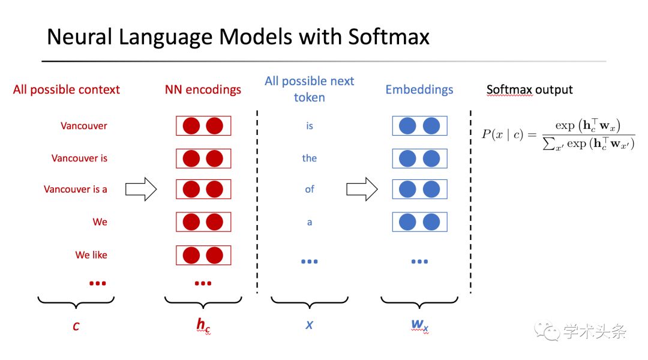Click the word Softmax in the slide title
[388, 37]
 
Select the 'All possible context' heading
[67, 89]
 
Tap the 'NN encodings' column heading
[203, 89]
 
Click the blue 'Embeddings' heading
[419, 89]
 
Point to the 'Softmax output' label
[529, 89]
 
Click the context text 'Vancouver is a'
[75, 189]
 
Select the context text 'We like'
[91, 255]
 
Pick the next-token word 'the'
[309, 158]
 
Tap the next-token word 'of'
[310, 189]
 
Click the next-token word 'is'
[310, 125]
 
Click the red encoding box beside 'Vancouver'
[203, 125]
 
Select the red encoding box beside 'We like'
[203, 255]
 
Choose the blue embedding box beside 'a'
[419, 222]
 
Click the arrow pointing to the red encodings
[141, 189]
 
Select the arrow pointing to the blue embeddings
[362, 189]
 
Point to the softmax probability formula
[559, 134]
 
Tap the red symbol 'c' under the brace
[76, 326]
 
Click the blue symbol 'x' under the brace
[309, 325]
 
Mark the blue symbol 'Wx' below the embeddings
[420, 326]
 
